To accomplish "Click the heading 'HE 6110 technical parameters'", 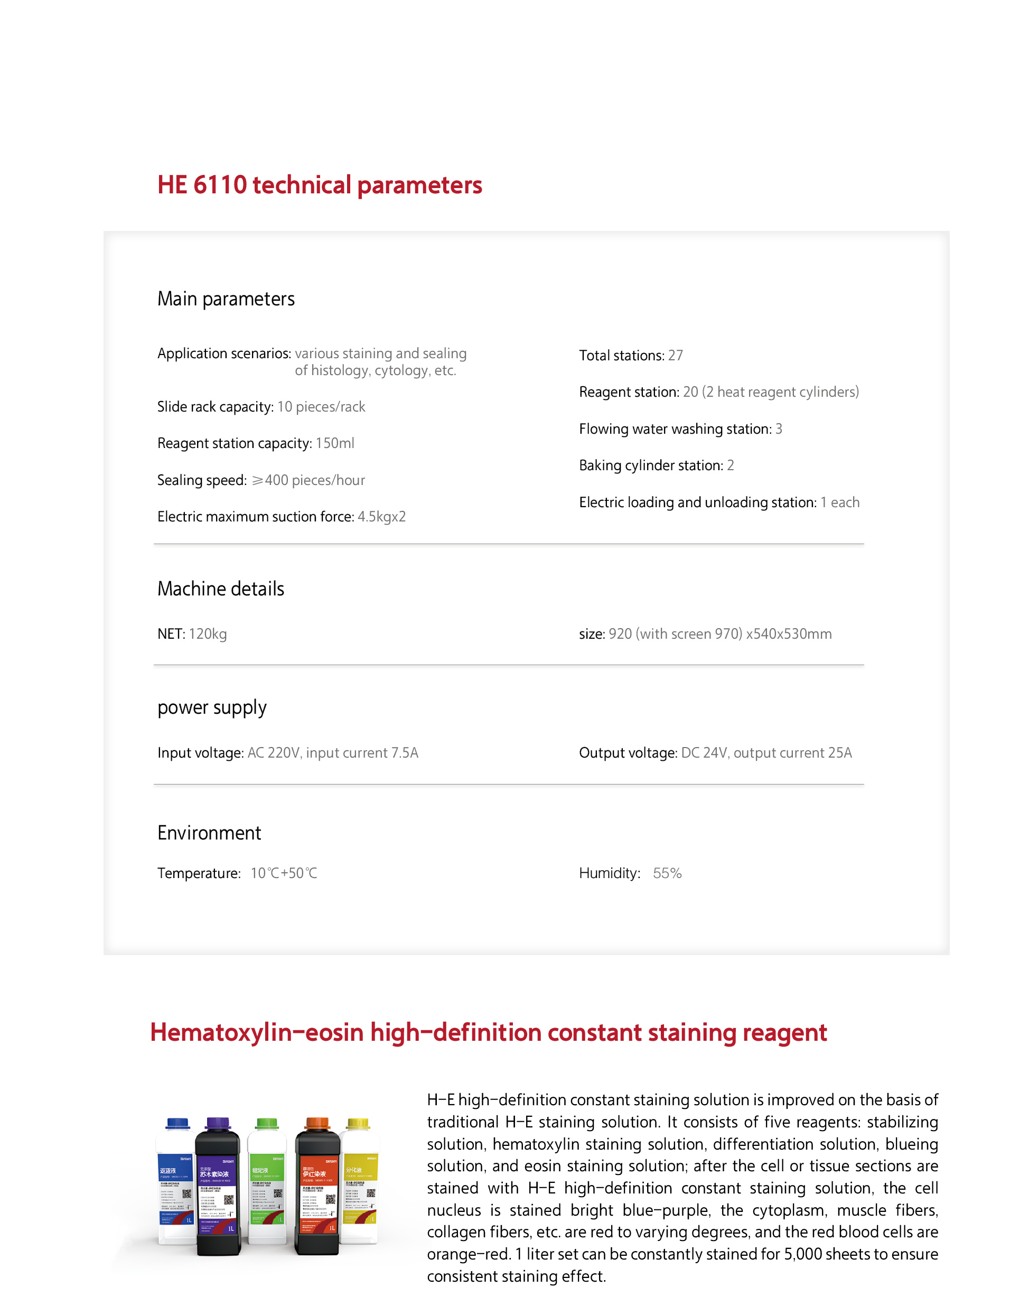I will click(x=319, y=185).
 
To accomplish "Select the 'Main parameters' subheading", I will click(x=226, y=299).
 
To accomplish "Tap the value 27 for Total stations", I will click(x=676, y=356).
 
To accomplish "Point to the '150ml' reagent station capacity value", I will click(x=335, y=443).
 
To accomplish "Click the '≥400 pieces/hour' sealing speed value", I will click(x=308, y=480).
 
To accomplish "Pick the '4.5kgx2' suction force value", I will click(x=381, y=517).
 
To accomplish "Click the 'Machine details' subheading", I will click(x=220, y=589).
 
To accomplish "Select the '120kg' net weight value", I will click(x=208, y=634).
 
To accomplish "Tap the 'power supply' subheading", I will click(x=211, y=707).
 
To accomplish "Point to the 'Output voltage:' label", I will click(x=628, y=753).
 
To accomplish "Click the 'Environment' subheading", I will click(x=209, y=833).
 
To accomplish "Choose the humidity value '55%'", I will click(x=667, y=873).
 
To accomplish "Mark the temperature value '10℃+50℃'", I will click(x=284, y=873).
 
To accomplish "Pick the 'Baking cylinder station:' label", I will click(x=651, y=465).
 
